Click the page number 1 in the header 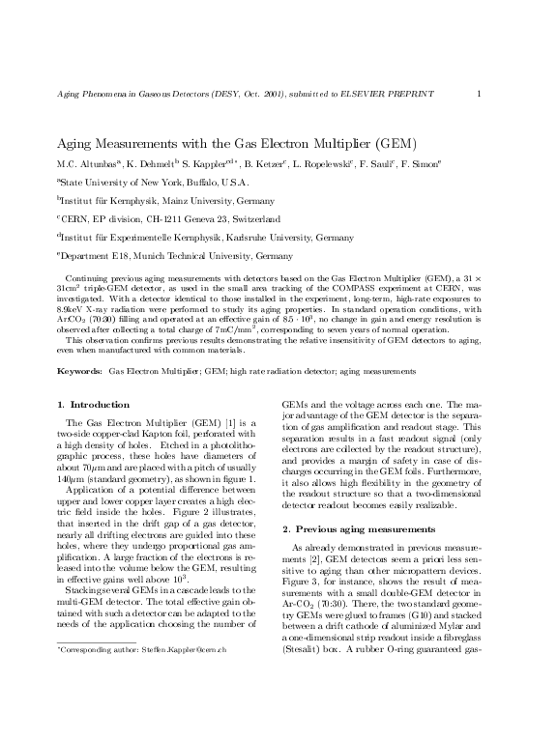(x=480, y=93)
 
